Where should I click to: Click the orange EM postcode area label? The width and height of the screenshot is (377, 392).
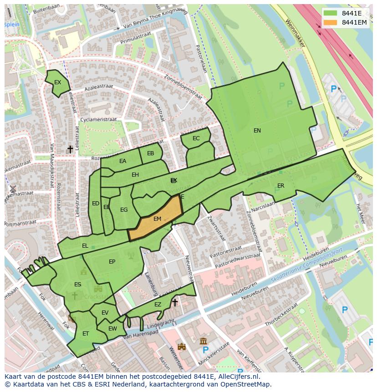click(x=157, y=219)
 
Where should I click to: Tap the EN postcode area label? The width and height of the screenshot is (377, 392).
click(x=257, y=131)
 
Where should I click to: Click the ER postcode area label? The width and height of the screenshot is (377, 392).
click(x=280, y=186)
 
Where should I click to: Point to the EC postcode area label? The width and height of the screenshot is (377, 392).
click(x=196, y=138)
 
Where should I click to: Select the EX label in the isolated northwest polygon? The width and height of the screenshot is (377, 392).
click(x=57, y=82)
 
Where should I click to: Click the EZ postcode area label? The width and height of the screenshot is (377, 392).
click(x=158, y=305)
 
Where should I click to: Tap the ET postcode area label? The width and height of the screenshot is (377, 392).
click(x=86, y=334)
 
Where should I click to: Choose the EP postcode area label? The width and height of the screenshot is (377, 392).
click(x=112, y=262)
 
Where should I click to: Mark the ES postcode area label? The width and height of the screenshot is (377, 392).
click(x=77, y=285)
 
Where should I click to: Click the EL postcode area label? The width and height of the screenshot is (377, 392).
click(x=85, y=246)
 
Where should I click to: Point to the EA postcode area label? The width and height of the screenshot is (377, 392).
click(x=122, y=161)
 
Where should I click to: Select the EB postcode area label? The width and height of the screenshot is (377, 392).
click(x=150, y=153)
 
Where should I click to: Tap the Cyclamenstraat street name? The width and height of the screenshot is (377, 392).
click(x=98, y=119)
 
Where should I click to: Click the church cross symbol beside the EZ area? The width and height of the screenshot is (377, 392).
click(x=174, y=302)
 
